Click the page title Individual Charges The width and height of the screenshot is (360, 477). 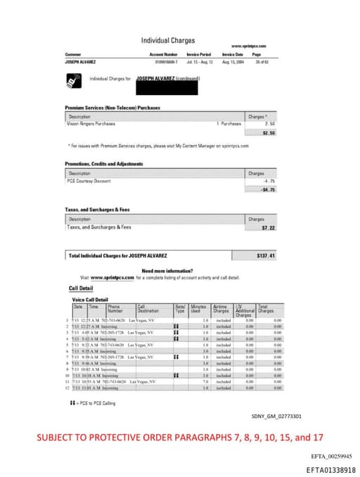click(168, 41)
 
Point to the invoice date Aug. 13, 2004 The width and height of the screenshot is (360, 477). click(233, 62)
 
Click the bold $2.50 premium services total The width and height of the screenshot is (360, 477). click(268, 132)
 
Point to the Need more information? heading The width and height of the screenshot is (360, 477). click(168, 271)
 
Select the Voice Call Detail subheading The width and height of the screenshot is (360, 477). click(91, 300)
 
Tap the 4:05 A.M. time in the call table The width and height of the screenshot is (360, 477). click(92, 332)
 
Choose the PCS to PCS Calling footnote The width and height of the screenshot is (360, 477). click(95, 402)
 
